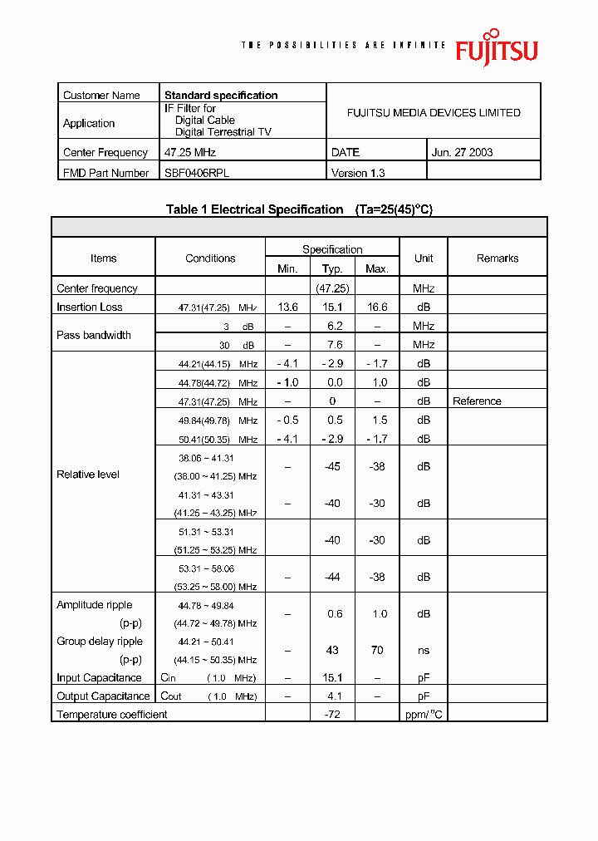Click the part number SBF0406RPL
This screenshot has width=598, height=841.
(196, 173)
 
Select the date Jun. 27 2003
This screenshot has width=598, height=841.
(463, 152)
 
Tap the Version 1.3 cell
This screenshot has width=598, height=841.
(358, 173)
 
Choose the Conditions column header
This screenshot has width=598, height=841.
(210, 258)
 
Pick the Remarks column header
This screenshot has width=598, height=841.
(498, 258)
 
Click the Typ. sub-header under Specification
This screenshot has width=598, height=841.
(332, 268)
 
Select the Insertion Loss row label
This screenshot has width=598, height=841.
(90, 307)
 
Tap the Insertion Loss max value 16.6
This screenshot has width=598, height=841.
(377, 307)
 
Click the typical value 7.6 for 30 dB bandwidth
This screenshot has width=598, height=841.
(332, 344)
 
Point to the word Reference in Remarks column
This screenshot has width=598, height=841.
(477, 401)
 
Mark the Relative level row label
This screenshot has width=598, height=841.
(88, 475)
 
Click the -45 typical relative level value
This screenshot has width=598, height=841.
(332, 467)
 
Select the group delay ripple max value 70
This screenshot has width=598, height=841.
(377, 650)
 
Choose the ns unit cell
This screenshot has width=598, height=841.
(424, 650)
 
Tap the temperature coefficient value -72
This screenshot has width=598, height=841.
(332, 715)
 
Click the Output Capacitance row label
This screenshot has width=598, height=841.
(103, 696)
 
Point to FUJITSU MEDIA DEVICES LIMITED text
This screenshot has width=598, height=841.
(434, 113)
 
